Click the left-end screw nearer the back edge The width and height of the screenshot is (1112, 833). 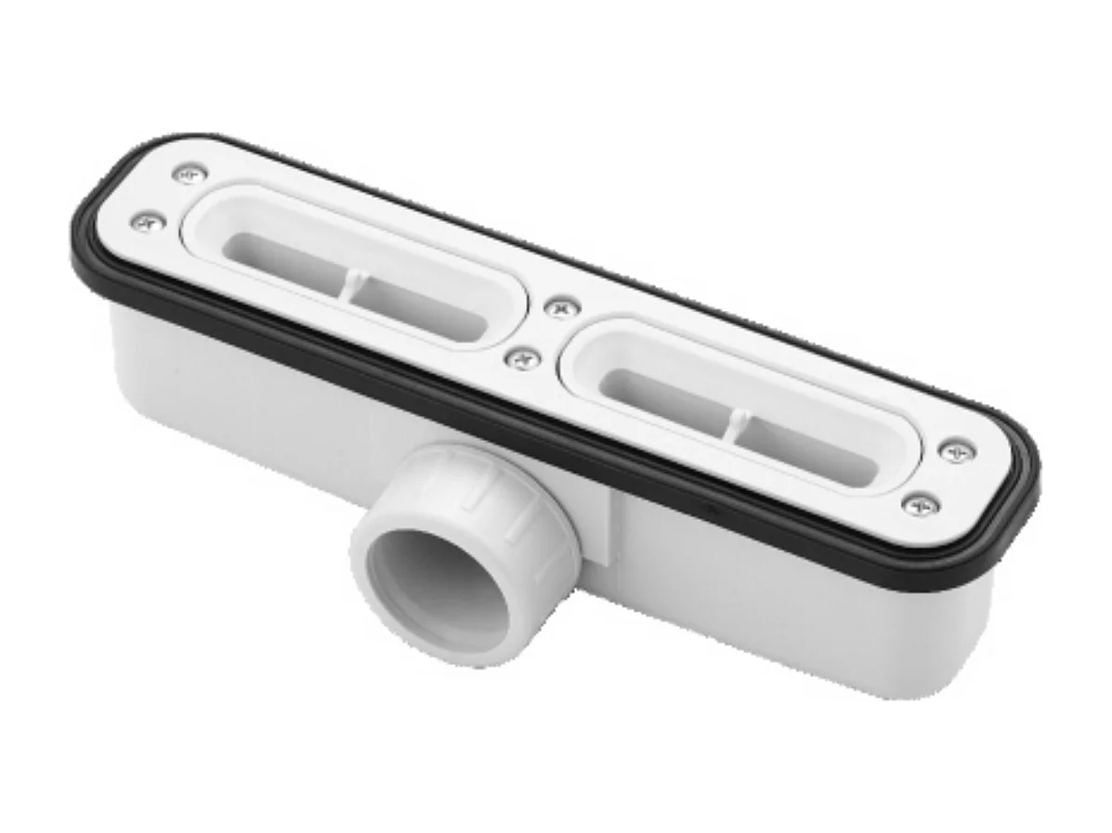point(190,173)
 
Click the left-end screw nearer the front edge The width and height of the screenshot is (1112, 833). point(147,221)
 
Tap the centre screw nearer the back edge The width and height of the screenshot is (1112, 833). point(561,307)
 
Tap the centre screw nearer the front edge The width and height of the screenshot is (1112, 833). point(523,358)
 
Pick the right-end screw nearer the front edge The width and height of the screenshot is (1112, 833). point(921,505)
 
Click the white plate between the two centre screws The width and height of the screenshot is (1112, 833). point(543,332)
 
